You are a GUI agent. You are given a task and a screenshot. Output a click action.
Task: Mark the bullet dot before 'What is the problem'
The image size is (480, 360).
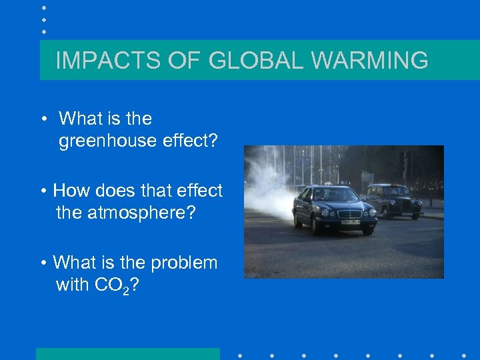tap(43, 263)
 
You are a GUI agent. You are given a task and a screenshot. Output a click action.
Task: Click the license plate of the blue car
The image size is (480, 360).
tap(351, 221)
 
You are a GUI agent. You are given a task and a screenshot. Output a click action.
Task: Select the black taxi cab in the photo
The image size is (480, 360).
tap(393, 199)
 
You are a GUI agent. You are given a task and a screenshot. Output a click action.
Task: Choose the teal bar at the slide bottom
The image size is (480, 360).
tap(127, 353)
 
